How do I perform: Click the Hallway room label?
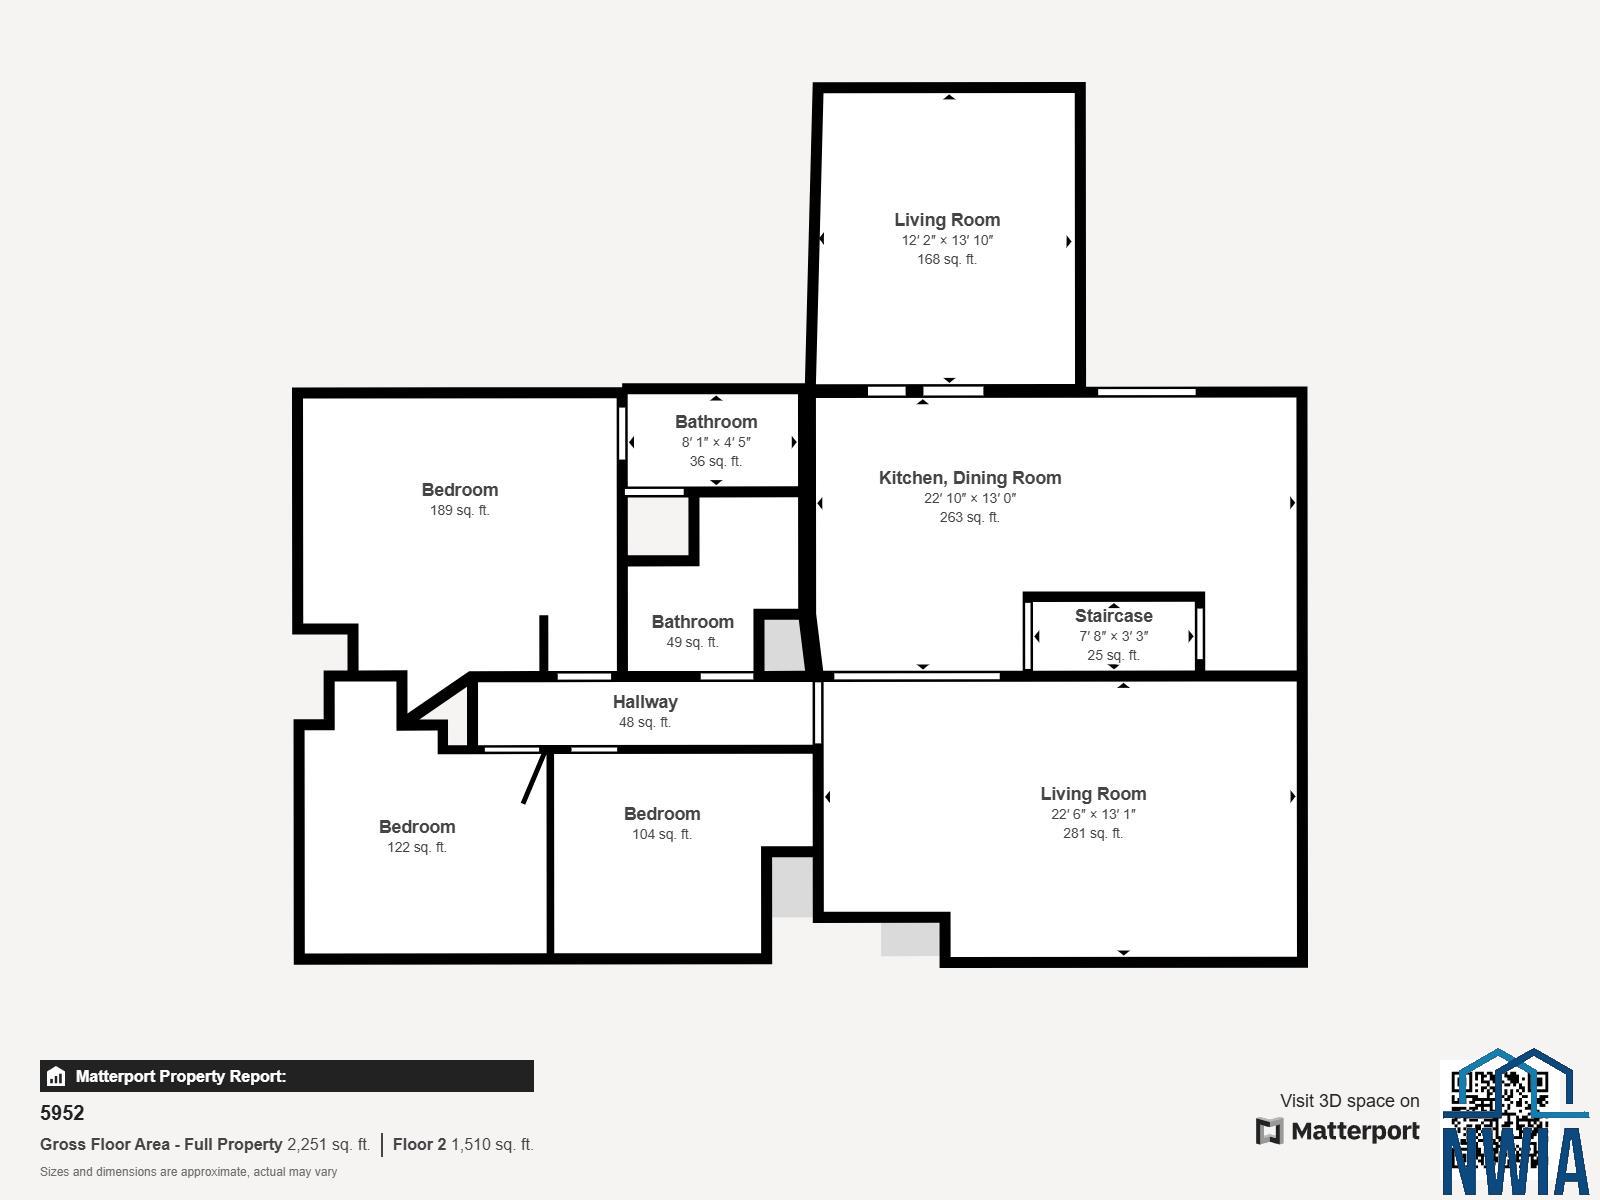pos(645,702)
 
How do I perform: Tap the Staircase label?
pos(1113,616)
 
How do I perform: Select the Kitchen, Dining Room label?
pos(969,478)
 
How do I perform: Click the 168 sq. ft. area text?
pos(946,259)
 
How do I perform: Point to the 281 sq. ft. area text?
pos(1093,833)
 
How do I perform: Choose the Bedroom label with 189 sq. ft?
pos(460,490)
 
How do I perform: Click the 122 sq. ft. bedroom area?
pos(417,847)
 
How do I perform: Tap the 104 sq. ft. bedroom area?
pos(662,834)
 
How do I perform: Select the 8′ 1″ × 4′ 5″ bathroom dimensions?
pos(716,442)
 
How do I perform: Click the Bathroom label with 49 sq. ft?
pos(692,621)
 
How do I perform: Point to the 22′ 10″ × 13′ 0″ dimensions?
pos(969,498)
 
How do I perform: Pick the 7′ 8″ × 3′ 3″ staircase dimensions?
pos(1113,636)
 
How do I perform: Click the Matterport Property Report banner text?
pos(181,1076)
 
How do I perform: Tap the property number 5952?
pos(62,1113)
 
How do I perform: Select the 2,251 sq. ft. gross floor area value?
pos(329,1145)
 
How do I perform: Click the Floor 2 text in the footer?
pos(419,1145)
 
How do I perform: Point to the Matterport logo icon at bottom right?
pos(1269,1131)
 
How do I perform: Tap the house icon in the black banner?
pos(56,1076)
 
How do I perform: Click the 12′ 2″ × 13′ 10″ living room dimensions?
pos(947,240)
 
